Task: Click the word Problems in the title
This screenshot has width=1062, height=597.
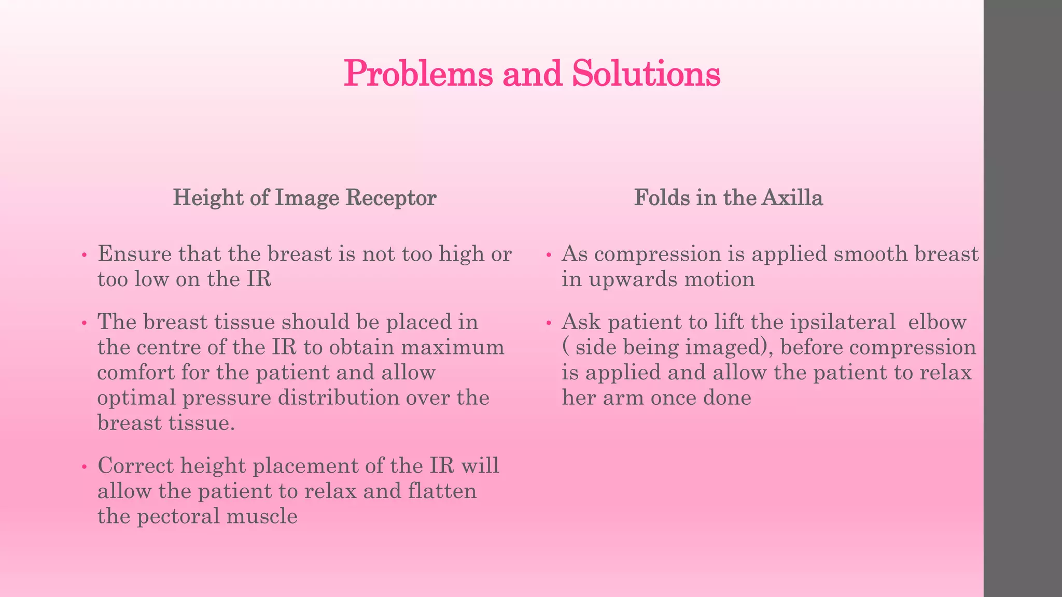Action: (x=418, y=74)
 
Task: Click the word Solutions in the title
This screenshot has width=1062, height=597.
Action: (x=646, y=74)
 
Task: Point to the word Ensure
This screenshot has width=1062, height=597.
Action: (x=134, y=254)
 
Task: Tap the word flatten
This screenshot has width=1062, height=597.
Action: (x=442, y=491)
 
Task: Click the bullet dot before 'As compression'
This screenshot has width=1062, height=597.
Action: (x=549, y=255)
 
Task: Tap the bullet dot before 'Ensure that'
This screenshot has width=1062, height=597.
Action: (x=84, y=255)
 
